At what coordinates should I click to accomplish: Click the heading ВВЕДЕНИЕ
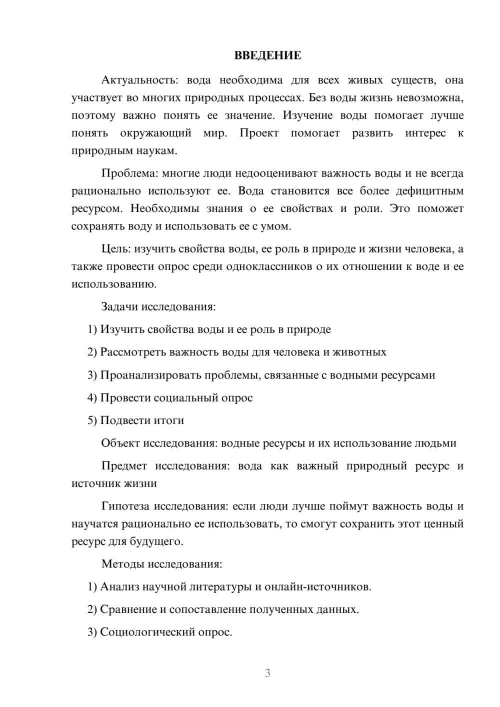(x=267, y=55)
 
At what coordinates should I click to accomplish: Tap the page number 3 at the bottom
(x=267, y=673)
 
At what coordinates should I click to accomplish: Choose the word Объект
(x=120, y=443)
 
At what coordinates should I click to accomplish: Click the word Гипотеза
(x=125, y=506)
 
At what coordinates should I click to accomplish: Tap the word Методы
(x=123, y=564)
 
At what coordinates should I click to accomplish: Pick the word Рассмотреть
(x=133, y=352)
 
